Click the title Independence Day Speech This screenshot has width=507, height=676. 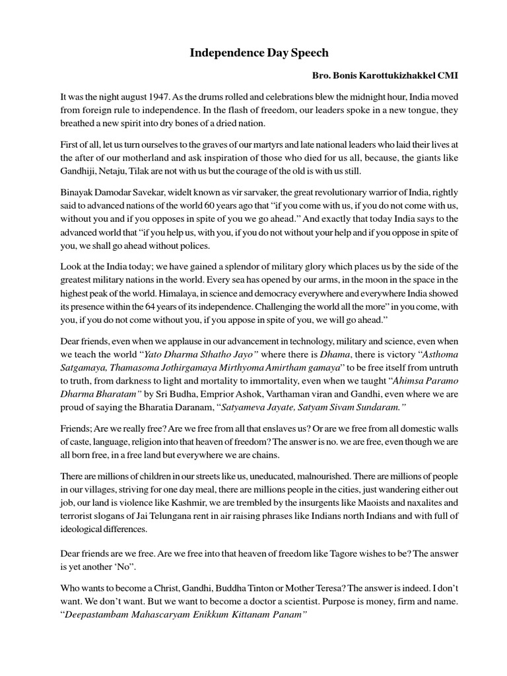(254, 53)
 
